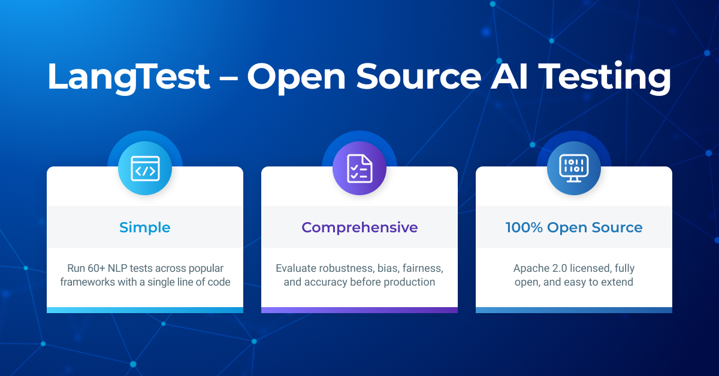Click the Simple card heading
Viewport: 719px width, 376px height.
145,228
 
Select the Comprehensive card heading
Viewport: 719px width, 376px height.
359,228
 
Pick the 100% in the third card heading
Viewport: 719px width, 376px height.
524,228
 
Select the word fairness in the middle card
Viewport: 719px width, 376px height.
422,268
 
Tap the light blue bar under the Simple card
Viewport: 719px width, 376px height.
145,310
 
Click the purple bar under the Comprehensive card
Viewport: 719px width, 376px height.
359,310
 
